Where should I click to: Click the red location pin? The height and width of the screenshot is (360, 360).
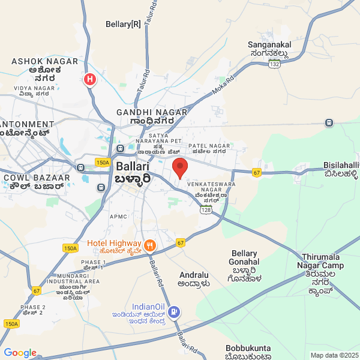(180, 167)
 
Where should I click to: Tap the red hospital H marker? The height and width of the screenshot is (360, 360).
(90, 79)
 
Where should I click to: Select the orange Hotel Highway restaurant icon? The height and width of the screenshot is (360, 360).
(149, 245)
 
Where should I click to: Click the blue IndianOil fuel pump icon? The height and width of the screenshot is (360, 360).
(174, 311)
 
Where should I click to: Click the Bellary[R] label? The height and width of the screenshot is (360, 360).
(123, 24)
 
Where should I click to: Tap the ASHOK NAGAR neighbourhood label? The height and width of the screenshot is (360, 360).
(44, 61)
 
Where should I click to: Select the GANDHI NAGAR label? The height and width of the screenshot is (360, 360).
(152, 112)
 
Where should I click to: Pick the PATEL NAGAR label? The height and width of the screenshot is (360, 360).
(209, 146)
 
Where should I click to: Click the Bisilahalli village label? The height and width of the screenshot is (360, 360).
(341, 165)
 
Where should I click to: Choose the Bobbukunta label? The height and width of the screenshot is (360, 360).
(248, 348)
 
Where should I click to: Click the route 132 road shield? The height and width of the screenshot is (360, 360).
(275, 64)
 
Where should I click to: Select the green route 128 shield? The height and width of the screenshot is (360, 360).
(206, 209)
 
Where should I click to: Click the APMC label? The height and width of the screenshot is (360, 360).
(118, 216)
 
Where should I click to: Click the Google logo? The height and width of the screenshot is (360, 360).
(20, 353)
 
